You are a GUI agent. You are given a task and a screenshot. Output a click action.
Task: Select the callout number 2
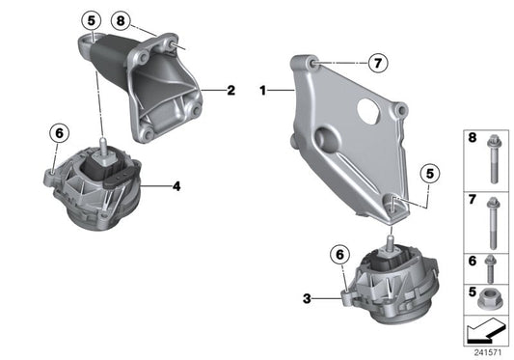click(231, 92)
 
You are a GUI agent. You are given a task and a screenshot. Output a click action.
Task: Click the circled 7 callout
click(377, 63)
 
